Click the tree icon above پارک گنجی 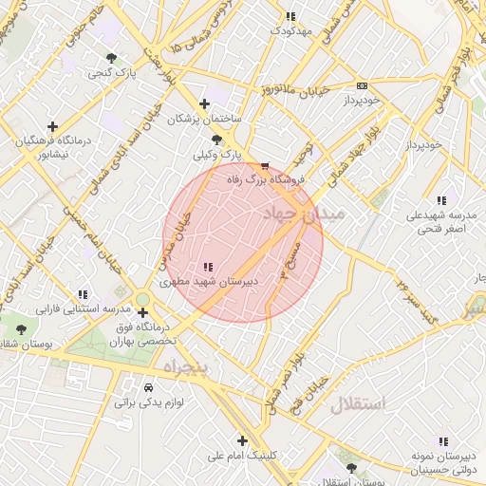point(114,57)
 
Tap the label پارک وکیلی point(219,153)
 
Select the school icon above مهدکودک point(290,16)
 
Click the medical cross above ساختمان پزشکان point(204,103)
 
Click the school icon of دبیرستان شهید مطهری point(208,267)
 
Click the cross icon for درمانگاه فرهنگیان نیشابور point(52,126)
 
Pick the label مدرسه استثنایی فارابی point(82,309)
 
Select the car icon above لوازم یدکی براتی point(149,387)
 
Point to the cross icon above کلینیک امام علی point(243,440)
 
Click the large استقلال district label point(359,405)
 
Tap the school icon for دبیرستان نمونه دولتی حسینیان point(442,441)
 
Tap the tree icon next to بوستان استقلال point(352,469)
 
